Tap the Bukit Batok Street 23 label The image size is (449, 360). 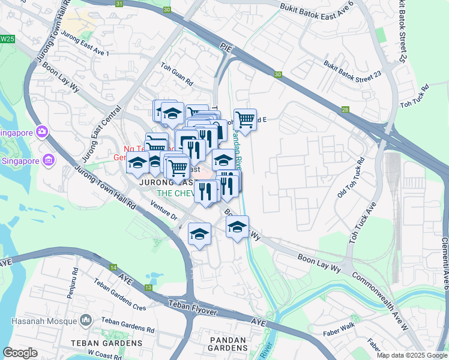point(352,69)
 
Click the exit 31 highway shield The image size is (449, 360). point(119,4)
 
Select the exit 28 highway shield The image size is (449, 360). point(345,109)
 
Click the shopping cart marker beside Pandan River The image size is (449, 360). point(245,119)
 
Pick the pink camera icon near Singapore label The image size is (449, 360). point(41,131)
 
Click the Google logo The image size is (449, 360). point(20,353)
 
